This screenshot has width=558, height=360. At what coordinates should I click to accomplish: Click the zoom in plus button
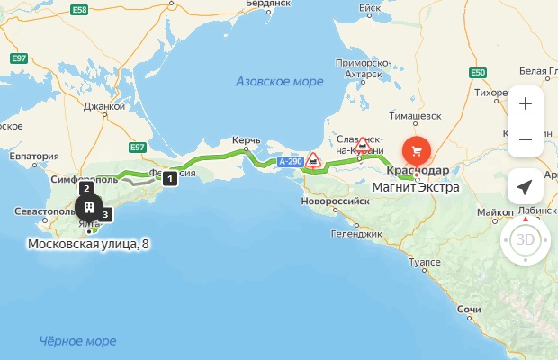[526, 103]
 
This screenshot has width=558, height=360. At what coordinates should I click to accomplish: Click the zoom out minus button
[526, 139]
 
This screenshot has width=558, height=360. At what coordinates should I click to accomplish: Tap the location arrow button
[526, 187]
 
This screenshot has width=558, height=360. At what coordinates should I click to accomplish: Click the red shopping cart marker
[416, 149]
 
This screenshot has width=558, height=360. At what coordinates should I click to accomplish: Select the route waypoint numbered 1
[169, 178]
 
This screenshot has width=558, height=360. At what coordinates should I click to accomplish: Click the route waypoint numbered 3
[105, 214]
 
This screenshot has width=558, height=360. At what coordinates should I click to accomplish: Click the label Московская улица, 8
[88, 244]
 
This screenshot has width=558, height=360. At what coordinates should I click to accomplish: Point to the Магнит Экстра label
[416, 187]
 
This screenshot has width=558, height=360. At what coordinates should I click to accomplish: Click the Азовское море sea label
[280, 82]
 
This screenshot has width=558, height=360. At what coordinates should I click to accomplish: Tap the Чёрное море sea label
[78, 341]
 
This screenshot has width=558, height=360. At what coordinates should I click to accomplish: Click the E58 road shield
[79, 9]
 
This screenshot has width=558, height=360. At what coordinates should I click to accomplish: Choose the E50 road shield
[477, 73]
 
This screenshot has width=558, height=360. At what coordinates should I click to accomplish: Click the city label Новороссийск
[336, 202]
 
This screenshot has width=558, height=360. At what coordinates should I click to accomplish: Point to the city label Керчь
[247, 140]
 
